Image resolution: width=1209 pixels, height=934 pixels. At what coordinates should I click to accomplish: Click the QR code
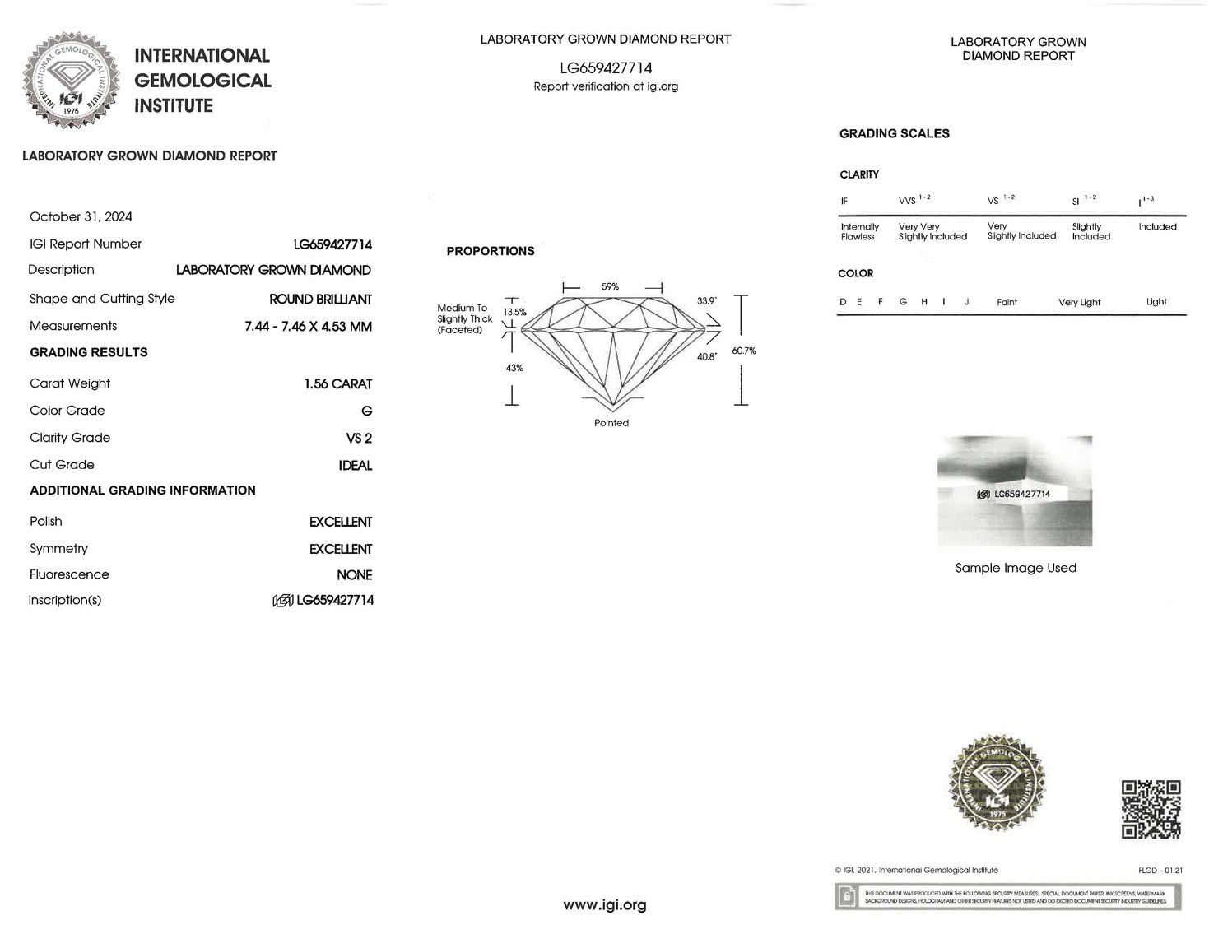pyautogui.click(x=1151, y=810)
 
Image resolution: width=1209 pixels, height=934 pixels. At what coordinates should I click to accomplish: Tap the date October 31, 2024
pyautogui.click(x=81, y=216)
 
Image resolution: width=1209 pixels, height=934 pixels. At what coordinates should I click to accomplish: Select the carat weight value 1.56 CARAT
pyautogui.click(x=337, y=383)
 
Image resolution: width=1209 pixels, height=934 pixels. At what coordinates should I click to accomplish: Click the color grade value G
pyautogui.click(x=366, y=411)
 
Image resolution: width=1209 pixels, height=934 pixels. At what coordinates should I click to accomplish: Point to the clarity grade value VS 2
pyautogui.click(x=359, y=438)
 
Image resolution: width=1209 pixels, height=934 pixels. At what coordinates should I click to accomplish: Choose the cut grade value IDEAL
pyautogui.click(x=356, y=465)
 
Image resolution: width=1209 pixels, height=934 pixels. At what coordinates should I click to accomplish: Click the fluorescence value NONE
pyautogui.click(x=354, y=574)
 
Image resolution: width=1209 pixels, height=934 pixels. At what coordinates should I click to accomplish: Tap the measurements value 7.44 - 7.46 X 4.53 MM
pyautogui.click(x=308, y=326)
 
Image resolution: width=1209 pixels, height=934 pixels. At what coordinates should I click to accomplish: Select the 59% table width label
pyautogui.click(x=610, y=286)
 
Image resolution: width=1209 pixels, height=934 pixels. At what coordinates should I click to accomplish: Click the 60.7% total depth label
pyautogui.click(x=743, y=351)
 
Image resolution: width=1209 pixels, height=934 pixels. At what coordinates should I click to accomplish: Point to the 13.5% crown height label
pyautogui.click(x=514, y=312)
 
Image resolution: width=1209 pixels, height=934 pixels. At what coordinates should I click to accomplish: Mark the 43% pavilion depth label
pyautogui.click(x=514, y=368)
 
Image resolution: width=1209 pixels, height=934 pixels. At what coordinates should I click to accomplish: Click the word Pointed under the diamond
pyautogui.click(x=611, y=423)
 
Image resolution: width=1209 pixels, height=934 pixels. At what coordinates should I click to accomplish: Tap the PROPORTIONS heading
pyautogui.click(x=491, y=251)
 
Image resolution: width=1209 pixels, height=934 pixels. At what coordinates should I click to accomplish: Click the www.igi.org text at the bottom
pyautogui.click(x=605, y=905)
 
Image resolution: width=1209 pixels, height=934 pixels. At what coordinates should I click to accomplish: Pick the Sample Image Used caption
pyautogui.click(x=1016, y=568)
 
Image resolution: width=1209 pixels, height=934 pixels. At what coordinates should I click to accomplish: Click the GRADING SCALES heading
pyautogui.click(x=894, y=133)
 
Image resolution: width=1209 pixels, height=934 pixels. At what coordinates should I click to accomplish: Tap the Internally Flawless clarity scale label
pyautogui.click(x=859, y=231)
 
